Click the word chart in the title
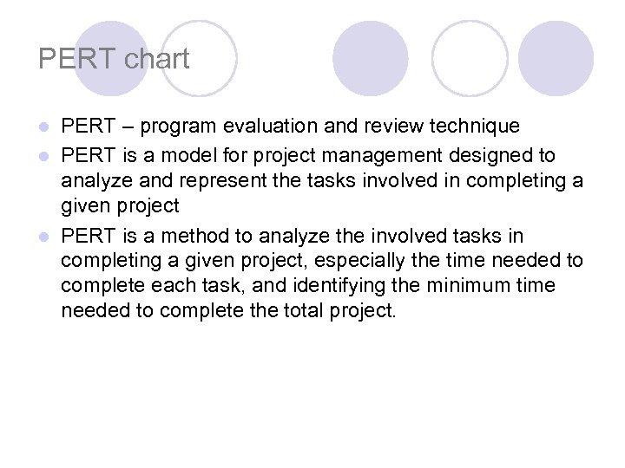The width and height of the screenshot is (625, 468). tap(157, 59)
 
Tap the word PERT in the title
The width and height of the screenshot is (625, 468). tap(78, 59)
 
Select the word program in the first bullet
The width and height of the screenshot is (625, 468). tap(179, 127)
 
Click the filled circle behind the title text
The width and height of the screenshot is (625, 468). tap(110, 58)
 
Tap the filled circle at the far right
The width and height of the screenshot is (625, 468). tap(556, 58)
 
